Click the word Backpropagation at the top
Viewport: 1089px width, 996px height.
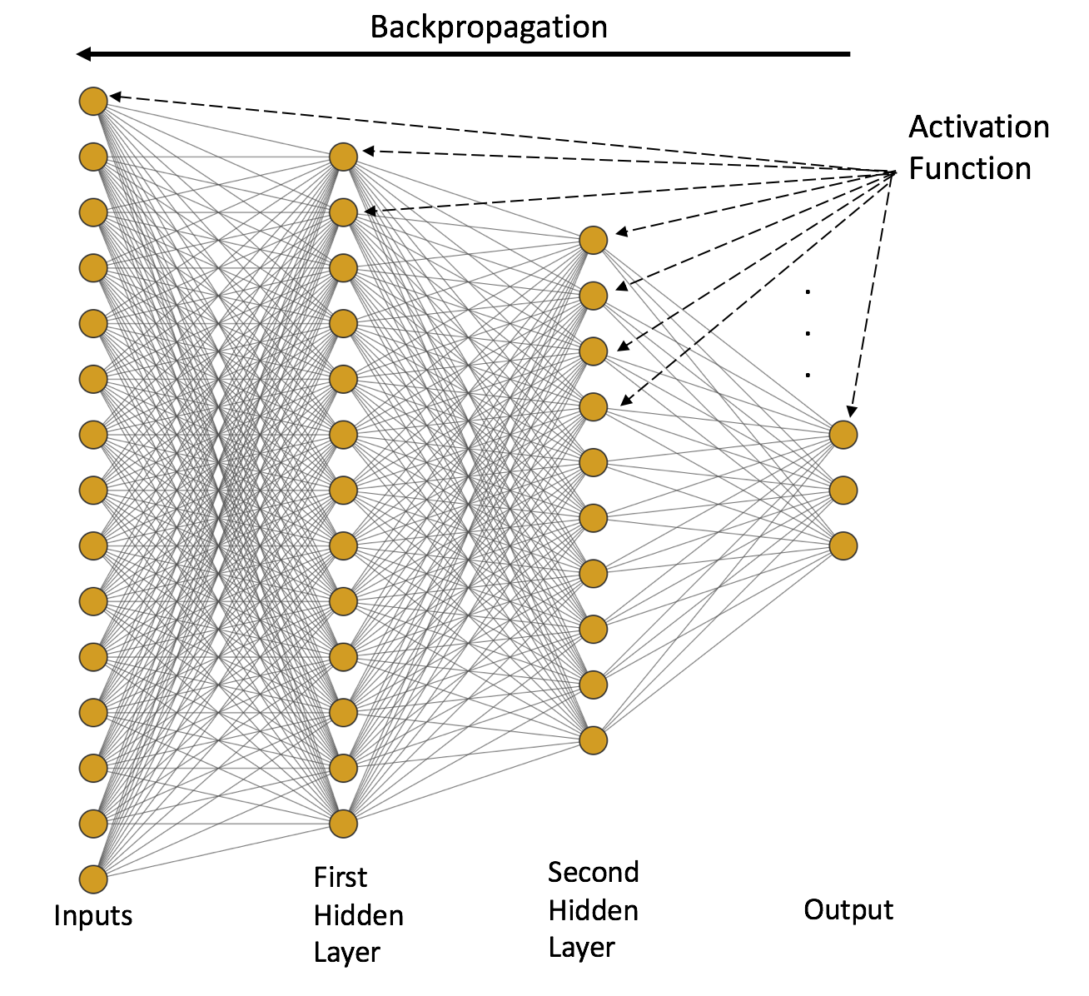(x=489, y=28)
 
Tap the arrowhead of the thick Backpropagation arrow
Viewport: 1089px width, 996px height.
(x=83, y=54)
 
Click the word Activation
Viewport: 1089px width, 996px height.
(x=979, y=127)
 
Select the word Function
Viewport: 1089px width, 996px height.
(x=970, y=168)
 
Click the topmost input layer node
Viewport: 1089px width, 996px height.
(x=93, y=101)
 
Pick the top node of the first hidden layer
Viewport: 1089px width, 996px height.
(x=343, y=157)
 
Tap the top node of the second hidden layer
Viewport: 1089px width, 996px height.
(x=594, y=240)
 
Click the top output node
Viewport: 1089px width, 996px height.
(x=843, y=435)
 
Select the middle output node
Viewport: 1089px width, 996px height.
(x=843, y=491)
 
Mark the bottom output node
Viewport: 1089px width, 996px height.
(x=843, y=545)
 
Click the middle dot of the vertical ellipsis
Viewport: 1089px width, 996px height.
(x=808, y=333)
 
